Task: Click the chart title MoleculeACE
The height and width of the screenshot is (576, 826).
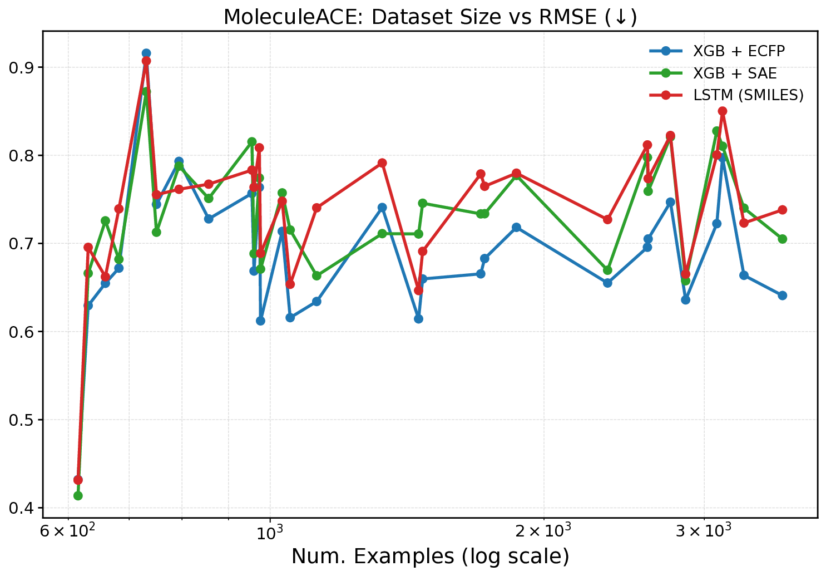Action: [x=430, y=17]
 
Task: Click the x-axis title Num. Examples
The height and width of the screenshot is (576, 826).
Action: [x=430, y=556]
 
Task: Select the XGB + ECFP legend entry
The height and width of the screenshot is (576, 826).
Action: [x=739, y=51]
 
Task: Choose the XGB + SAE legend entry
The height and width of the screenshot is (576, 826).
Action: [x=735, y=73]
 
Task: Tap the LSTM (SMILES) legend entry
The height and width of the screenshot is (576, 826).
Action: [x=748, y=95]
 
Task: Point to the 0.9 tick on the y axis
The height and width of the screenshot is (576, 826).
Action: [x=21, y=67]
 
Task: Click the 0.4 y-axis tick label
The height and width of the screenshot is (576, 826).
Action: [x=21, y=508]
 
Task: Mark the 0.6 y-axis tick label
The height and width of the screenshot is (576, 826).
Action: [x=21, y=332]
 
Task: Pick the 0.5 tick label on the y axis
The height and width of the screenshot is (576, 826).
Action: [x=21, y=420]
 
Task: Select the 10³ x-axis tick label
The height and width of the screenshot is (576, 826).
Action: [x=270, y=530]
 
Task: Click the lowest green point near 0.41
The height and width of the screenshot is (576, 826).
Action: [x=78, y=495]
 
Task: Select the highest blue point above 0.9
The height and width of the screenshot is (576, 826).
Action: [x=146, y=53]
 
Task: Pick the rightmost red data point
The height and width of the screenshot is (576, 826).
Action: [x=782, y=210]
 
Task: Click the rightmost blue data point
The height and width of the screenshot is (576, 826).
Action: [x=782, y=296]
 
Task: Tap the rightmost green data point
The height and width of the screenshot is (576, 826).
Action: [x=782, y=239]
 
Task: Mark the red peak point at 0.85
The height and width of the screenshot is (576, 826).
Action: [x=723, y=111]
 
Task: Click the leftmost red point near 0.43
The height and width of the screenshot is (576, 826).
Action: [x=78, y=480]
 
